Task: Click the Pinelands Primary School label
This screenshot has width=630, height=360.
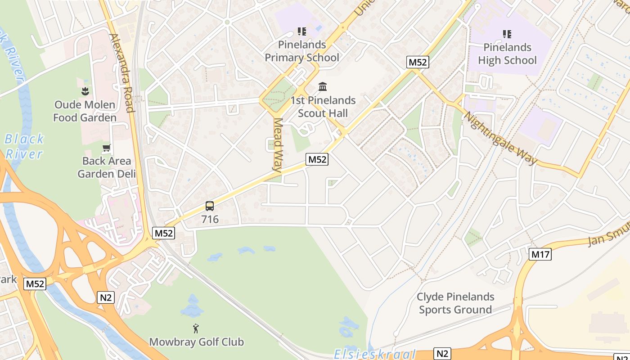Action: [301, 51]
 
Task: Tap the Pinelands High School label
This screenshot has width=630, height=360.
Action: [507, 54]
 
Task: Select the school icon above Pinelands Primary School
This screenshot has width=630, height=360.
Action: [301, 31]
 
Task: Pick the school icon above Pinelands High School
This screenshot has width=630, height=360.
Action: [507, 34]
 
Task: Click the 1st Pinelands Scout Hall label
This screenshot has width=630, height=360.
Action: [323, 107]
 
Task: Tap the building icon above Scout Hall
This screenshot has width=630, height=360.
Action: [323, 86]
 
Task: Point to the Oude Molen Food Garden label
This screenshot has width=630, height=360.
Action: [85, 111]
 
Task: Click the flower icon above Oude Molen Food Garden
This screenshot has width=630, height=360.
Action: [85, 92]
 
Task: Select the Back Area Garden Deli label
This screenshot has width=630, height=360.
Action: [107, 167]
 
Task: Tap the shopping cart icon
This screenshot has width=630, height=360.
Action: [107, 148]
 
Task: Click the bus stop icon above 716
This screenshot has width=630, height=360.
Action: [210, 206]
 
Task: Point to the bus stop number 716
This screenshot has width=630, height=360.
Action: [210, 220]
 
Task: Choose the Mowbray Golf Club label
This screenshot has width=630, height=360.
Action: [196, 342]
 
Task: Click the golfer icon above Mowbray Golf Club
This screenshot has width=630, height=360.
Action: [196, 328]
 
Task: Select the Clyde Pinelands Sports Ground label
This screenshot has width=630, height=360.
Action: [455, 303]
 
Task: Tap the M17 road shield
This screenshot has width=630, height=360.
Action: [540, 254]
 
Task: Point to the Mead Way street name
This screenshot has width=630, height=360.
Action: [278, 145]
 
